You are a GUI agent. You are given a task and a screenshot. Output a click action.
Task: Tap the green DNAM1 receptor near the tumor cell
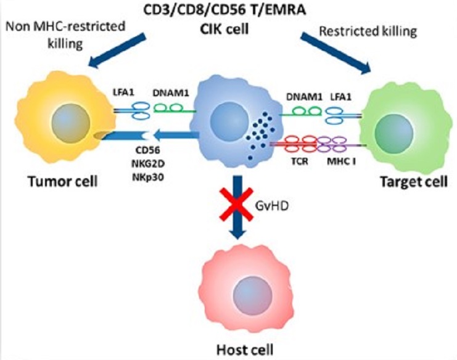[x=168, y=110]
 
